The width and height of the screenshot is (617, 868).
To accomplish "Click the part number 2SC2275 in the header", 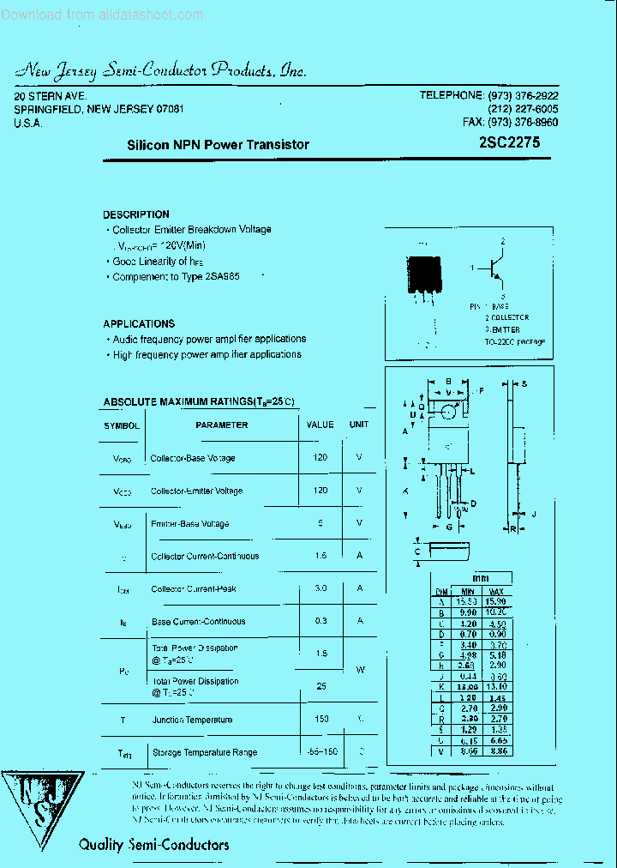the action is (510, 144).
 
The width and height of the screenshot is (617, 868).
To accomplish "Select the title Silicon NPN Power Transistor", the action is (218, 145).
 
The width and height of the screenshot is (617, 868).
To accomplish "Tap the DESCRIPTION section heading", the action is (136, 214).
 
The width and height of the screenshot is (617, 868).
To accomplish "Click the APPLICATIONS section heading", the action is (139, 323).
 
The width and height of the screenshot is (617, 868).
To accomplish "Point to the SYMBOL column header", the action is (122, 425).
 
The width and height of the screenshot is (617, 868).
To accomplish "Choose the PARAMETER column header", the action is (221, 425).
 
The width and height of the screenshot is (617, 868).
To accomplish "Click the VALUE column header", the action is (320, 425).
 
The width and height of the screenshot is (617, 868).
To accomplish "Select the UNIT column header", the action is (359, 425).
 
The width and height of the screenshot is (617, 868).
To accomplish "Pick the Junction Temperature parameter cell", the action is (192, 720).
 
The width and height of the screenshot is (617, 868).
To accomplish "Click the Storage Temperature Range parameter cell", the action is (204, 752).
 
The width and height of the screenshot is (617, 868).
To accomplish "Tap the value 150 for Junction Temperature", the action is (320, 719).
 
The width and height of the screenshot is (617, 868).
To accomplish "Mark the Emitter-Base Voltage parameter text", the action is (189, 523).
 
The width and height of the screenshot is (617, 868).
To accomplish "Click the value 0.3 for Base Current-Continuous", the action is (320, 621).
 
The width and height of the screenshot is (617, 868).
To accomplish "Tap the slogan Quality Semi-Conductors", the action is (153, 845).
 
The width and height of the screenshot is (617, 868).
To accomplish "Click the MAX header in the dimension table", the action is (495, 591).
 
